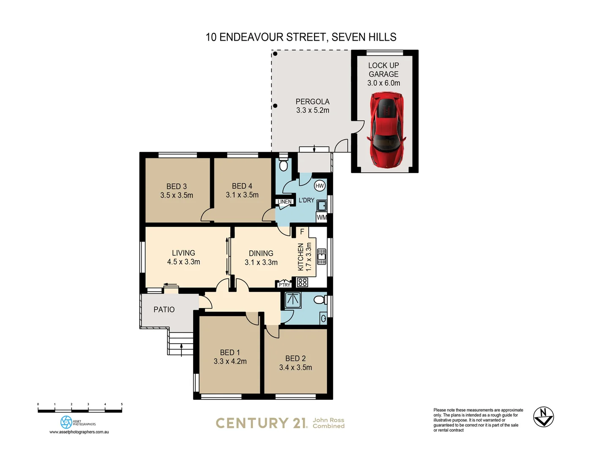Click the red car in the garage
[x=386, y=129]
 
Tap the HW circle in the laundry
[x=320, y=186]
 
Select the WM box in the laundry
[x=322, y=217]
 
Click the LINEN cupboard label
[x=285, y=202]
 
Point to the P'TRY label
[x=284, y=285]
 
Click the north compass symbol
[x=543, y=417]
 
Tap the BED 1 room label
[x=230, y=352]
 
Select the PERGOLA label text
[x=312, y=102]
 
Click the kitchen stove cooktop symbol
[x=302, y=282]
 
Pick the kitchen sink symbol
[x=321, y=256]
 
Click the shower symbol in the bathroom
[x=293, y=300]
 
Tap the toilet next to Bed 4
[x=283, y=164]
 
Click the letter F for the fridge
[x=302, y=232]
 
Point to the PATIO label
[x=164, y=310]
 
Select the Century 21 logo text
[x=261, y=423]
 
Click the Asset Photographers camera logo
[x=66, y=422]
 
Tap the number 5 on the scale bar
[x=122, y=405]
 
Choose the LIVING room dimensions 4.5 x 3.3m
[x=183, y=262]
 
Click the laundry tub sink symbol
[x=322, y=206]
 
